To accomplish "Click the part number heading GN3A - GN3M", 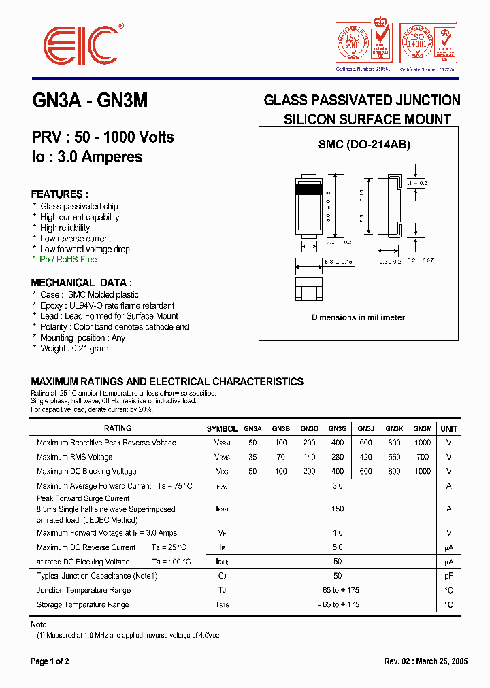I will click(x=90, y=101).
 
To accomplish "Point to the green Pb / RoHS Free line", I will click(x=68, y=260).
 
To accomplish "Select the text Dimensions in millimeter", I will click(x=358, y=317).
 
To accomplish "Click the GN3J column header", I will click(x=365, y=429).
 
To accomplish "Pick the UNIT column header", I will click(x=449, y=429).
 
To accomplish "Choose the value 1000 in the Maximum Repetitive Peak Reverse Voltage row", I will click(x=423, y=443).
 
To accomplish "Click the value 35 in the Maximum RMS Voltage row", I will click(x=253, y=457).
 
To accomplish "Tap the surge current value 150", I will click(x=338, y=509).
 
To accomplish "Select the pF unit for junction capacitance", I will click(x=448, y=576).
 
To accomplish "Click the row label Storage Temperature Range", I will click(x=82, y=604).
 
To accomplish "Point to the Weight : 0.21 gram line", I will click(x=74, y=348).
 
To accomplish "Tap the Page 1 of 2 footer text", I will click(x=50, y=661).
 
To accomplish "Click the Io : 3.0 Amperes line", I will click(x=87, y=157).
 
